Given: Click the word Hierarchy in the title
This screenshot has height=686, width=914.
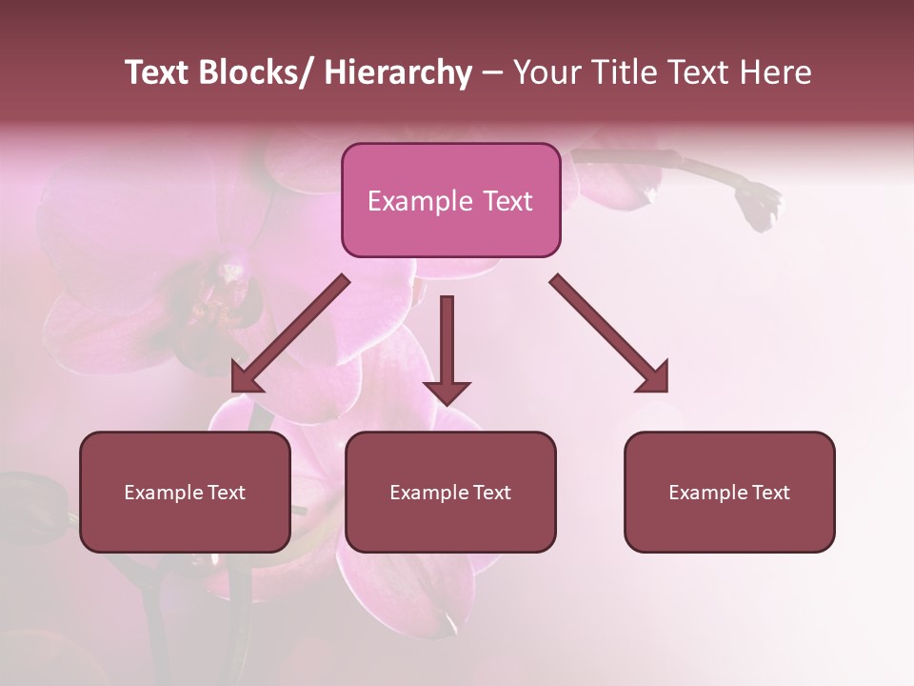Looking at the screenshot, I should (398, 72).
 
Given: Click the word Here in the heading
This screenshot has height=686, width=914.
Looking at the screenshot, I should (775, 72).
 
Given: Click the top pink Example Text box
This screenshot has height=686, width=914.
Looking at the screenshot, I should (450, 200).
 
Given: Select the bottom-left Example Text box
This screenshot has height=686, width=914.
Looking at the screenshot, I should (185, 492).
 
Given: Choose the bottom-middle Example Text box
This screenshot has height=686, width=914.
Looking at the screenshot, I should (450, 492).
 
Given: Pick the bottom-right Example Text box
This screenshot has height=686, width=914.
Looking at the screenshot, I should (729, 492).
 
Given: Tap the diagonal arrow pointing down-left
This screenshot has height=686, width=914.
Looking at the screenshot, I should (290, 333).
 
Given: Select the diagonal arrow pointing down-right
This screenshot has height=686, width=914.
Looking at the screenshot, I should (609, 333).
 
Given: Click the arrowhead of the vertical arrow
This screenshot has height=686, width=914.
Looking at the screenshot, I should (447, 392).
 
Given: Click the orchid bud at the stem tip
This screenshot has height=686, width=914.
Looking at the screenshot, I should (759, 204).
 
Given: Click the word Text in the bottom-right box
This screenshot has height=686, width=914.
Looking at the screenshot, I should (770, 493).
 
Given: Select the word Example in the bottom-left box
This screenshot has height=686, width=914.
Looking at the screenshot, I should (164, 493).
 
